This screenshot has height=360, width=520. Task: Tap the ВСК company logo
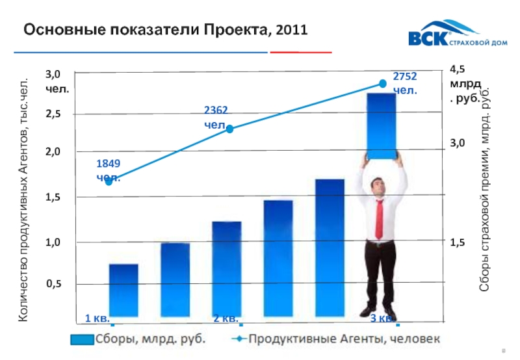443,38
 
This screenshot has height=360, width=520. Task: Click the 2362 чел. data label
216,118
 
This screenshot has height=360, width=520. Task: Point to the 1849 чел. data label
109,169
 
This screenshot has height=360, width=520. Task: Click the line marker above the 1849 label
109,181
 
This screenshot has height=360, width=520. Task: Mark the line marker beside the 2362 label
229,129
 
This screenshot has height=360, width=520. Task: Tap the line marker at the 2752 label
383,83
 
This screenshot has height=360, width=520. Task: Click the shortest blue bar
123,290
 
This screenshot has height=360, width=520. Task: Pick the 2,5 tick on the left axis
55,114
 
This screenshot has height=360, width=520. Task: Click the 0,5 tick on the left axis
55,284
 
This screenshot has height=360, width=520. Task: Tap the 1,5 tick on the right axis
458,242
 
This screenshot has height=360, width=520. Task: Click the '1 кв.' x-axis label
97,318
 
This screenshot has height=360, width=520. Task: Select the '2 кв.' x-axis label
226,318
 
